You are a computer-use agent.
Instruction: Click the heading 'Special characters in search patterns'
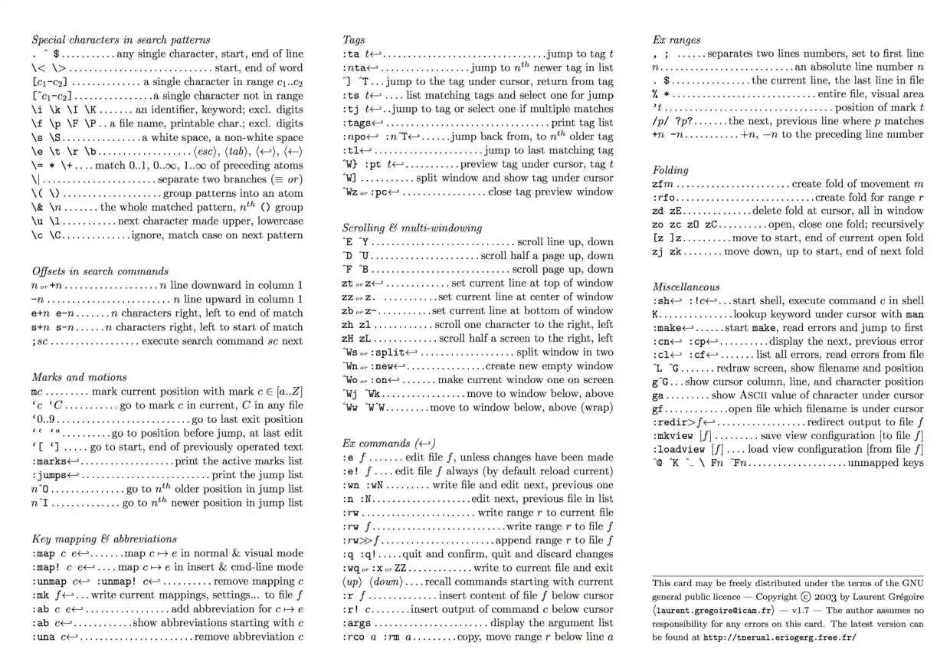click(x=121, y=39)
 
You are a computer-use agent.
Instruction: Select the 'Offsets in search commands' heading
click(x=100, y=271)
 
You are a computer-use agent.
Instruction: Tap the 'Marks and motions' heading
click(x=80, y=377)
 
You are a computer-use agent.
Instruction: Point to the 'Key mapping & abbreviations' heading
click(x=104, y=539)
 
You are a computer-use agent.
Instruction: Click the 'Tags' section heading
click(x=354, y=39)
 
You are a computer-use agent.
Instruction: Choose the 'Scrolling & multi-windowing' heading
click(x=412, y=228)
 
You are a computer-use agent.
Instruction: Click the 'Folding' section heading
click(x=670, y=170)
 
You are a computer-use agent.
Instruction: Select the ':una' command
click(x=44, y=636)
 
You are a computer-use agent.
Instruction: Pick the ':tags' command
click(x=357, y=123)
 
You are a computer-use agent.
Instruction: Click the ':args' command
click(x=357, y=622)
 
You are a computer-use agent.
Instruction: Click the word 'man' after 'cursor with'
click(x=915, y=314)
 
